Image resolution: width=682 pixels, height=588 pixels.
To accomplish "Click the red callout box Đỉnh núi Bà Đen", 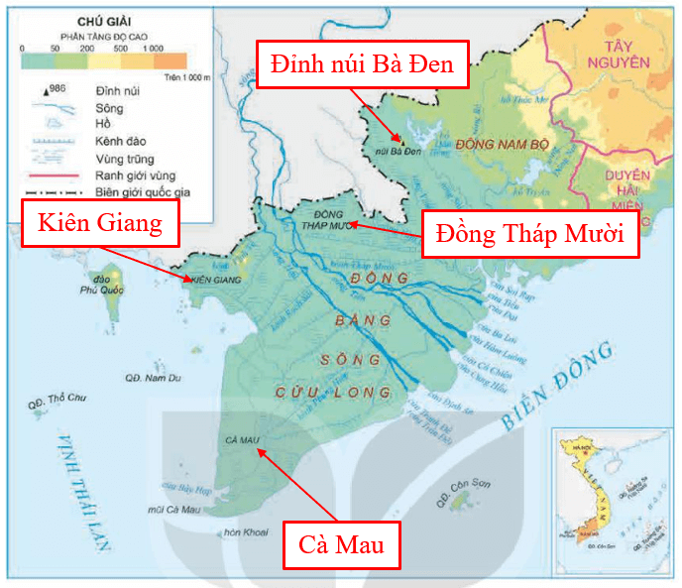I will [361, 65].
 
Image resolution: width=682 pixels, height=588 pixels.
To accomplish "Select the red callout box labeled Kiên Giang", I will [100, 223].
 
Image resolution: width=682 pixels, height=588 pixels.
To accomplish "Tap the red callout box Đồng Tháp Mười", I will [529, 234].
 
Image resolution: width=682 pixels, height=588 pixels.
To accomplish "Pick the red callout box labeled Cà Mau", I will [342, 543].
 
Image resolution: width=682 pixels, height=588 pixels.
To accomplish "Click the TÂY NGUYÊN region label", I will [616, 54].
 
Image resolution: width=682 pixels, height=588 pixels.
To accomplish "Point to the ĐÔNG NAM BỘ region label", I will [502, 144].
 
